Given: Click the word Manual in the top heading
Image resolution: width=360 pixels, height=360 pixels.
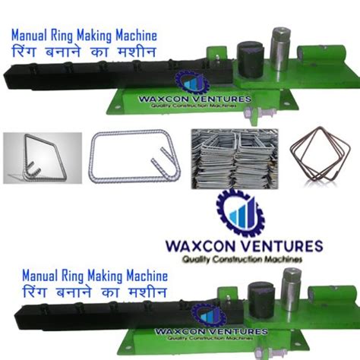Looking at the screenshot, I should click(30, 34).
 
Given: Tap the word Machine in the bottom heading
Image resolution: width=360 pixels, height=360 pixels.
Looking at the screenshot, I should click(132, 274).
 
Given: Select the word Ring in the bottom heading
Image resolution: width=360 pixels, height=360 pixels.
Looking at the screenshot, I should click(63, 274).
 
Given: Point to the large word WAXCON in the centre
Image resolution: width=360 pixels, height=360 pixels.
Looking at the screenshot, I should click(205, 247).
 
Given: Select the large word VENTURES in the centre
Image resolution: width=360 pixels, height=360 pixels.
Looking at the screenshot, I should click(283, 247).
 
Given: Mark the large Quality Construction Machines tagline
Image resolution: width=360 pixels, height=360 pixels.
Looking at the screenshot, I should click(242, 261).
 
